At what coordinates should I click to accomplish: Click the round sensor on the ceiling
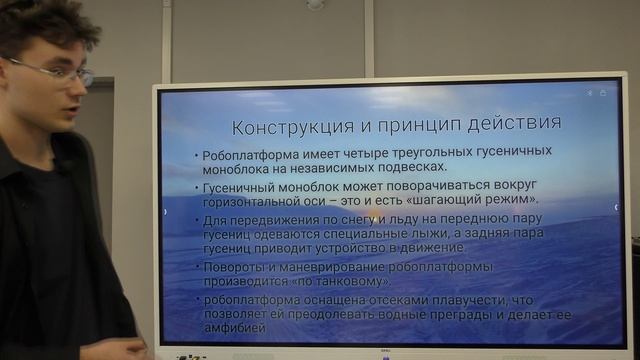click(315, 4)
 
